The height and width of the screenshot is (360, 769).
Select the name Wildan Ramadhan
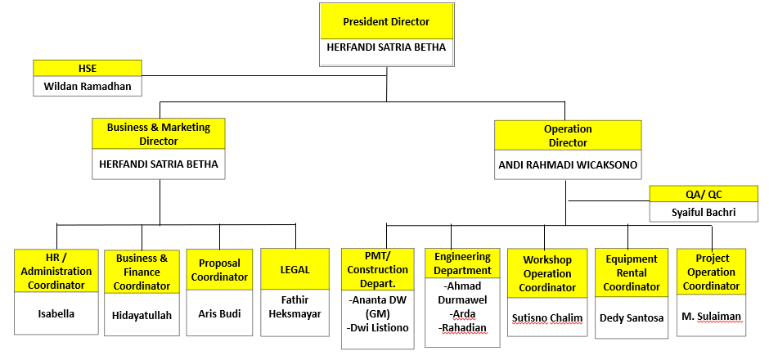pos(87,85)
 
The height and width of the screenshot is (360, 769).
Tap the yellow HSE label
pos(87,68)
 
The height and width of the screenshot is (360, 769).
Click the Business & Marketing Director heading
pos(159,134)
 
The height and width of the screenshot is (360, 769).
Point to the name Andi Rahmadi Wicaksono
pos(567,164)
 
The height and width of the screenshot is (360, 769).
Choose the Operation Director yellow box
pos(567,135)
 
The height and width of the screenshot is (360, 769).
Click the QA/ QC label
pos(704,194)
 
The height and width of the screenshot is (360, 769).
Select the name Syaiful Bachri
pos(704,212)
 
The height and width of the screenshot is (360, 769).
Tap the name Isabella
pos(56,313)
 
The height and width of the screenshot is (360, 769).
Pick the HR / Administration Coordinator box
pos(56,272)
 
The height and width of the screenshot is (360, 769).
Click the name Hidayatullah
pos(142,315)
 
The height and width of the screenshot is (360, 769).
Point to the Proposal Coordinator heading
pos(219,269)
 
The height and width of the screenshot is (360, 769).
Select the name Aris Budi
pos(219,313)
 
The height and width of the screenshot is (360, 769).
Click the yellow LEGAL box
pos(295,268)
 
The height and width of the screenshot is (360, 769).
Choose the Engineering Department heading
pos(462,263)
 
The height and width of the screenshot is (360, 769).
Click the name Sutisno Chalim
pos(547,317)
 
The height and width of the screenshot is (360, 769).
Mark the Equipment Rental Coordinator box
pos(632,272)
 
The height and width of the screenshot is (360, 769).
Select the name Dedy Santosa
pos(632,317)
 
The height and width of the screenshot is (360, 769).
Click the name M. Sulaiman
pos(712,317)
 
